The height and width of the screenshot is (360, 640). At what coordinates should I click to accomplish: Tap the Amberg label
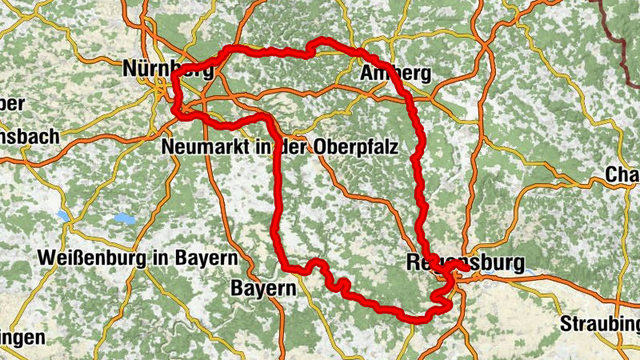396,74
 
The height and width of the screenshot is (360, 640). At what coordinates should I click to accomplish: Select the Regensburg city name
466,262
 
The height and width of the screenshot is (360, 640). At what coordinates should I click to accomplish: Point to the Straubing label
600,324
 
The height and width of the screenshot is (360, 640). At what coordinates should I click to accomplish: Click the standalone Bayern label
264,287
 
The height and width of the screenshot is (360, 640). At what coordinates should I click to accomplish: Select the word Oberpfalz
377,147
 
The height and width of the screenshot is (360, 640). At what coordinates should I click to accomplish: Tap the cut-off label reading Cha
622,174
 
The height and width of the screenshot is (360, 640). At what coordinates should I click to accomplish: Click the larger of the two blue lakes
125,218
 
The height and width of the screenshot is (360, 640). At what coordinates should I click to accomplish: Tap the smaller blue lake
63,216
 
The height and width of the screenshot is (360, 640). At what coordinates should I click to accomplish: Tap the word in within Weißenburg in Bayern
162,258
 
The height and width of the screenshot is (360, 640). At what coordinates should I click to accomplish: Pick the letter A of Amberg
369,74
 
